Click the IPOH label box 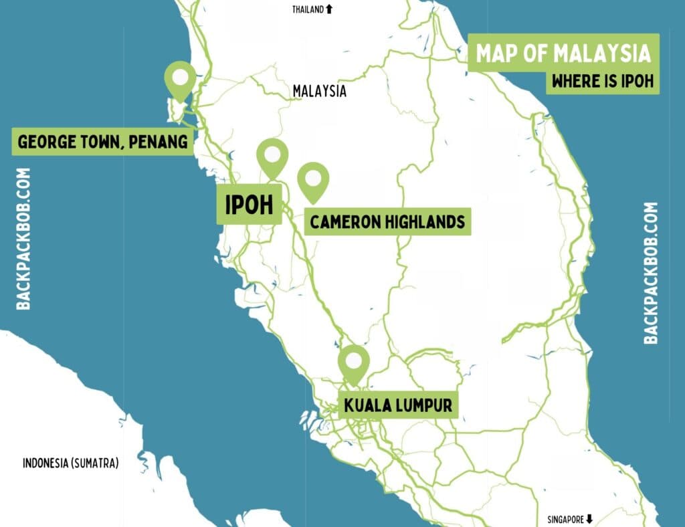pos(250,205)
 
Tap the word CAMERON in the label pos(345,221)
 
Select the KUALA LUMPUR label pos(398,405)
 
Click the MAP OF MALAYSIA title pos(563,54)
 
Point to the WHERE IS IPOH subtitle pos(602,82)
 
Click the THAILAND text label pos(308,9)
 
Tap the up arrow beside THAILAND pos(328,9)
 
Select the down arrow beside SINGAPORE pos(589,518)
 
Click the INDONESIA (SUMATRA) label pos(70,463)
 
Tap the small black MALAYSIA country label pos(320,91)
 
